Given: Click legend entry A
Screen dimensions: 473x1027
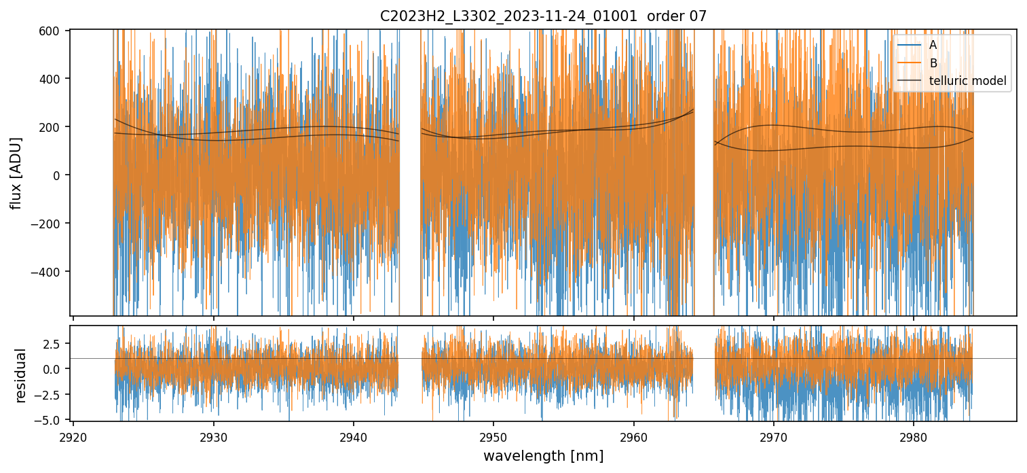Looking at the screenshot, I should coord(933,46).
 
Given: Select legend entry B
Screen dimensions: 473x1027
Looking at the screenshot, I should coord(933,63).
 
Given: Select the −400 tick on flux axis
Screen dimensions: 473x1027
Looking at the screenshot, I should coord(48,272).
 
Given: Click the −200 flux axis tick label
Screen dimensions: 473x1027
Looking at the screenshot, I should coord(48,224).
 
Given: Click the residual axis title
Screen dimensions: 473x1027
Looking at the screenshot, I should coord(21,375).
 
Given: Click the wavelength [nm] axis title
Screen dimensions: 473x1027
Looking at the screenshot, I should coord(543,455).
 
